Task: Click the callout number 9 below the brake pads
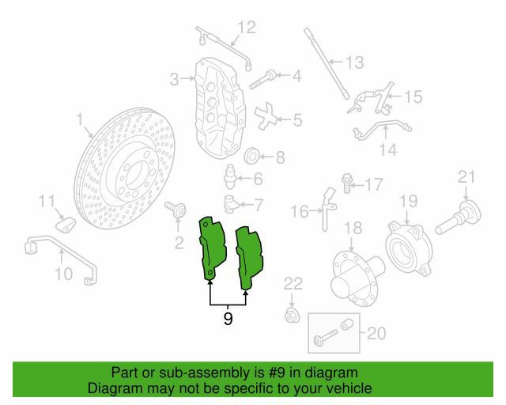pos(228,319)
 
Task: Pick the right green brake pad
pos(249,258)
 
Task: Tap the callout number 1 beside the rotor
pos(80,119)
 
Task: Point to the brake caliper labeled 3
pos(220,108)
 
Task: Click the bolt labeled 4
pos(262,79)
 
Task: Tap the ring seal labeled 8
pos(252,157)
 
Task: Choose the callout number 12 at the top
pos(247,27)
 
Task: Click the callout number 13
pos(355,62)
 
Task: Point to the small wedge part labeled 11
pos(66,224)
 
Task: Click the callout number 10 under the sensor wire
pos(64,274)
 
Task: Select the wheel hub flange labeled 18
pos(357,278)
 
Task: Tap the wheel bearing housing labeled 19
pos(409,248)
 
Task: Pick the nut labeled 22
pos(292,316)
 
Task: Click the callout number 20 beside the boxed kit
pos(376,333)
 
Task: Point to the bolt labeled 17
pos(346,184)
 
